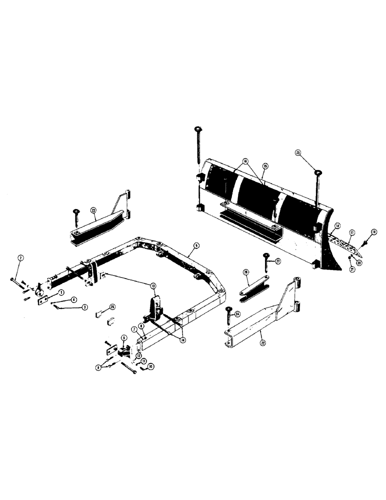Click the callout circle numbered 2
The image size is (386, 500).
point(20,257)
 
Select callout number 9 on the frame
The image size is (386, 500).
point(196,245)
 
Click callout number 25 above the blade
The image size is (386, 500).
point(298,152)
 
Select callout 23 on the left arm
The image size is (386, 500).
point(93,211)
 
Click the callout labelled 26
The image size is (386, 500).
point(246,272)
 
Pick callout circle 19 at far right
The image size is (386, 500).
point(373,233)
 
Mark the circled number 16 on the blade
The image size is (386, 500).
point(245,162)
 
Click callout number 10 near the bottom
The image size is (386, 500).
point(150,366)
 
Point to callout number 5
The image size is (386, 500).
point(123,337)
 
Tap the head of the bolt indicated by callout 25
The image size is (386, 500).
point(317,173)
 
